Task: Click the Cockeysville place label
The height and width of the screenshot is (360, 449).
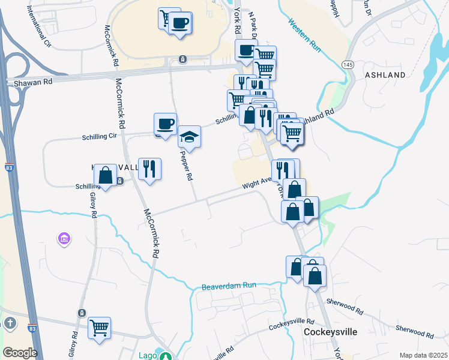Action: pos(330,332)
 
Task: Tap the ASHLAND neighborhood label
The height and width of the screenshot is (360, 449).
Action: pos(385,75)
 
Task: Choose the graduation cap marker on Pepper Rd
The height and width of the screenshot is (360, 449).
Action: pos(189,137)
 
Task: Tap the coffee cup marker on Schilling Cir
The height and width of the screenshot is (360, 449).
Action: pos(165,124)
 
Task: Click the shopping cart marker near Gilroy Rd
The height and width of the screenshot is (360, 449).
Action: pos(99,328)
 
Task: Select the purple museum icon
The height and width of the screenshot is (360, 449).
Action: pos(64,239)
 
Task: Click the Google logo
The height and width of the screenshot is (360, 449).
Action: pos(20,353)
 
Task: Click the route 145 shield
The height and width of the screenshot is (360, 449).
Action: pos(348,64)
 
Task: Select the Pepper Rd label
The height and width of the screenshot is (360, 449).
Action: pos(187,169)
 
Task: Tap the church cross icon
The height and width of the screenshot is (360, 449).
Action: pos(10,323)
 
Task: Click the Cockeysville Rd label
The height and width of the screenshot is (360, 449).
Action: pos(292,326)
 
